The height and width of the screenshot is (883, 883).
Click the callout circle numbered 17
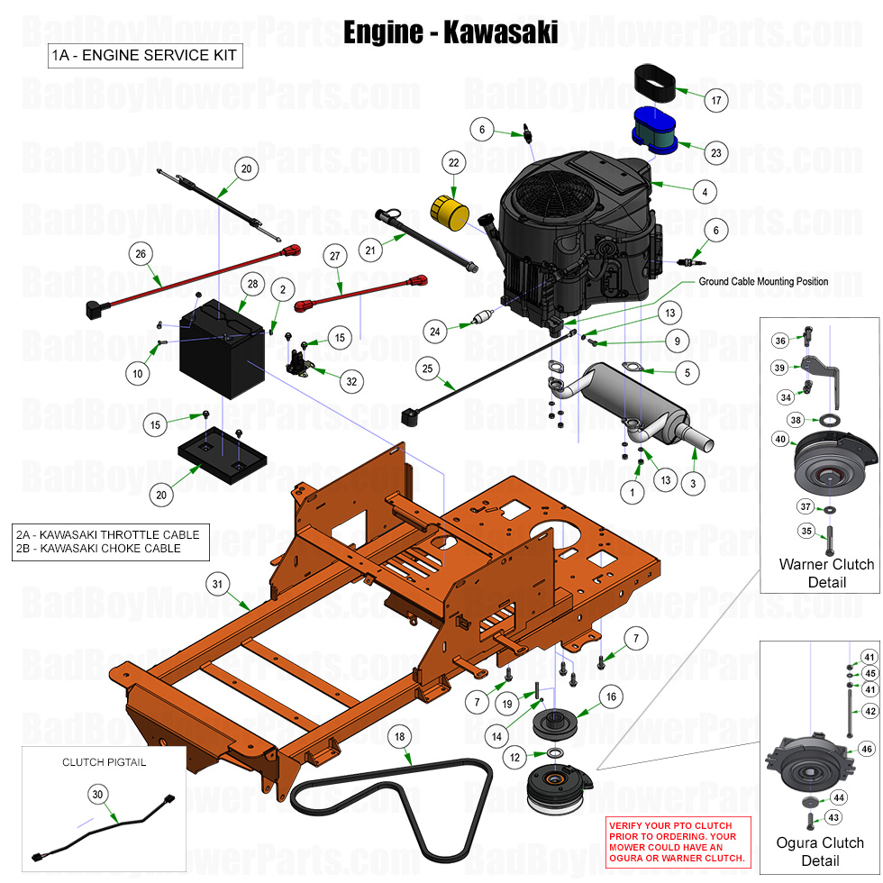tap(716, 101)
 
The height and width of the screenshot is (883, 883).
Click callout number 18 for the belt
tap(400, 736)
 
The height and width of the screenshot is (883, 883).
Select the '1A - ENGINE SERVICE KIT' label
tap(144, 56)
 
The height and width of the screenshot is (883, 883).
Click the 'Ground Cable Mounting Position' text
tap(763, 281)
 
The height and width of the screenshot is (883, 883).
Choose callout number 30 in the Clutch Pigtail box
tap(97, 794)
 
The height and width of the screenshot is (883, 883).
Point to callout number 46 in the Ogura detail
tap(867, 749)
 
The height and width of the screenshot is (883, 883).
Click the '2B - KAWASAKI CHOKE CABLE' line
tap(98, 548)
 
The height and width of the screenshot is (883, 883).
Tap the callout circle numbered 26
tap(140, 254)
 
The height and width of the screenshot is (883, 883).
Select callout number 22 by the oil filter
tap(453, 163)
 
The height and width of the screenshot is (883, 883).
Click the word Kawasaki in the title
tap(502, 32)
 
